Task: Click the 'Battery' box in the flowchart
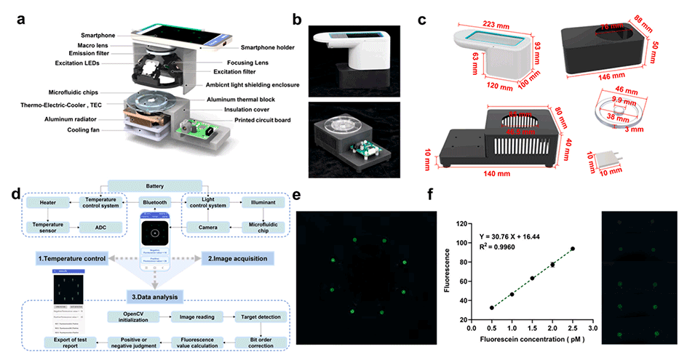[x=156, y=187]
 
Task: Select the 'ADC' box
[x=102, y=228]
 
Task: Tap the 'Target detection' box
[x=258, y=317]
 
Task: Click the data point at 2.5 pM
[x=573, y=249]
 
